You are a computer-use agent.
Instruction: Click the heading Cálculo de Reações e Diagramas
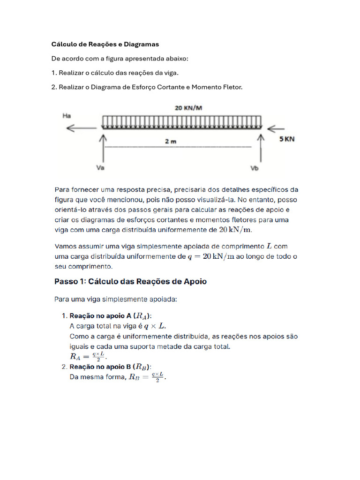point(105,45)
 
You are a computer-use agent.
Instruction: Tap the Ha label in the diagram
point(67,115)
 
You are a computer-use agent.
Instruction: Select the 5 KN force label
point(287,139)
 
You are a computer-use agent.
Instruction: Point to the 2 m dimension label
point(171,142)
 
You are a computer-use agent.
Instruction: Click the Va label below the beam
point(100,167)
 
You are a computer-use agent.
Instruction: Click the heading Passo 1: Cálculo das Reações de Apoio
point(131,282)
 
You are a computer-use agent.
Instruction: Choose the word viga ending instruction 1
point(170,73)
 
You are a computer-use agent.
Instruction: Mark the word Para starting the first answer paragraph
point(62,190)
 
